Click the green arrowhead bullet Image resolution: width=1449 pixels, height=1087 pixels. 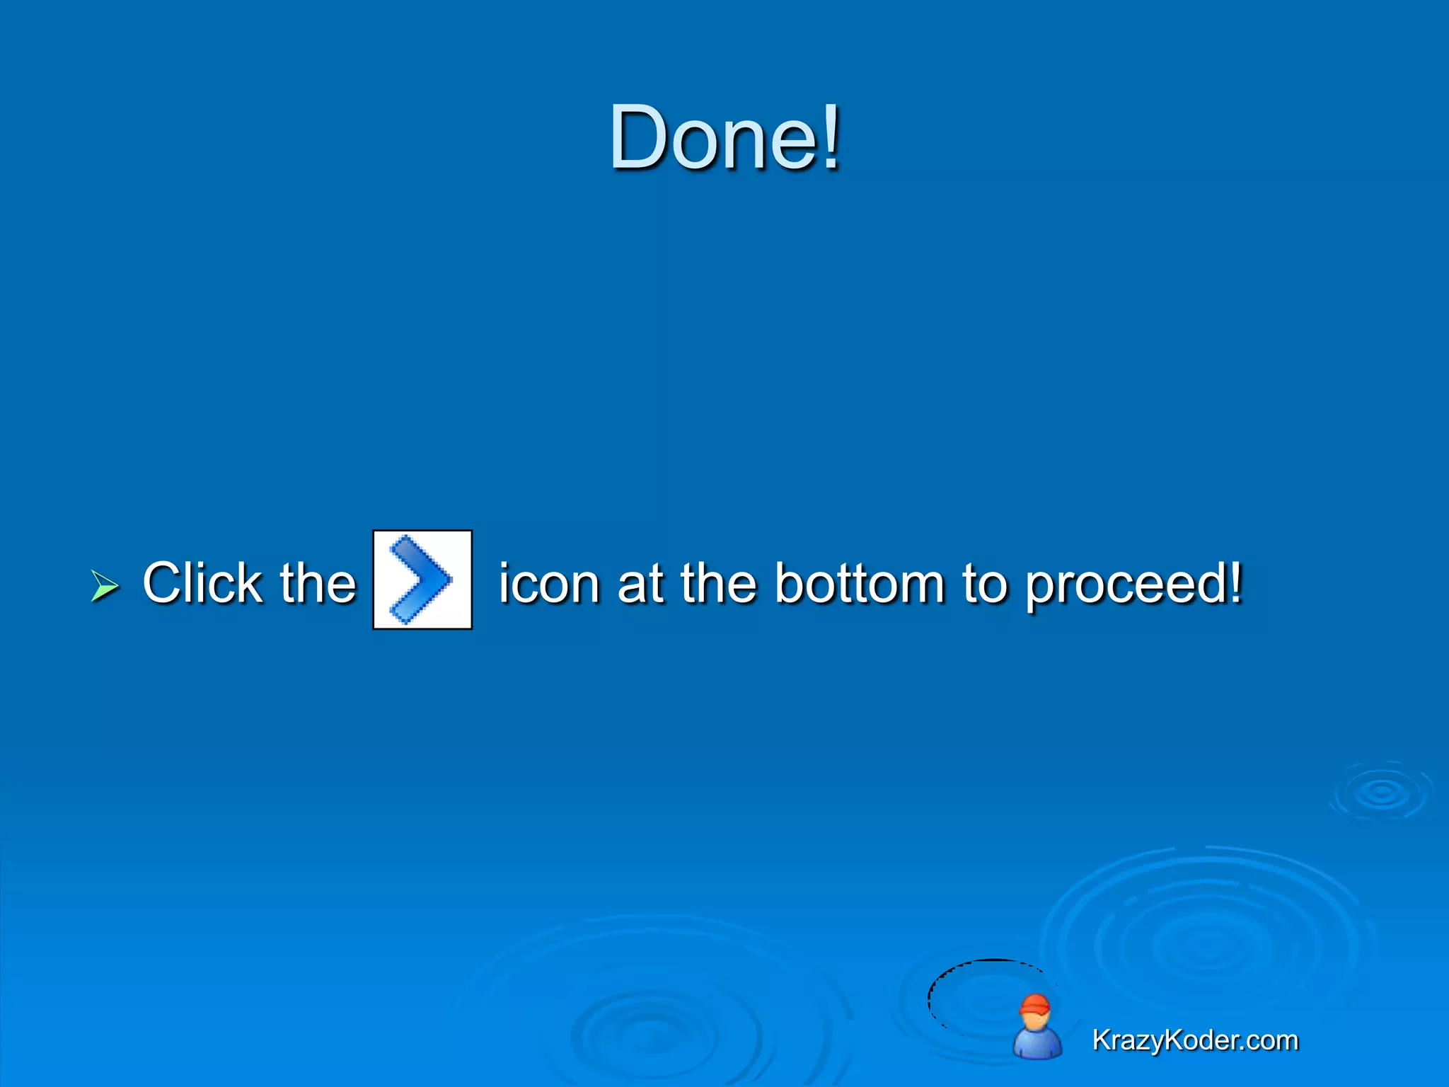[x=105, y=586]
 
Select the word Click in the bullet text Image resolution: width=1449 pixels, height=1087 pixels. [x=202, y=583]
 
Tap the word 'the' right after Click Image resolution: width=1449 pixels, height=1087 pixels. [x=318, y=583]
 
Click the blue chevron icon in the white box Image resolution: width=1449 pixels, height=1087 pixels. [x=422, y=580]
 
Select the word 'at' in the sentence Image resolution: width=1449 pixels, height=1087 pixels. [x=640, y=585]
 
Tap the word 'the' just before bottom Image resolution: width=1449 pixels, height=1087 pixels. [x=718, y=585]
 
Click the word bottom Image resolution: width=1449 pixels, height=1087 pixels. [x=860, y=585]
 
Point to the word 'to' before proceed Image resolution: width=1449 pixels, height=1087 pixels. [x=984, y=585]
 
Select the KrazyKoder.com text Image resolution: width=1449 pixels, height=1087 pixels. [x=1195, y=1040]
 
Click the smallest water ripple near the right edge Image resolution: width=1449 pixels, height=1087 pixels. [x=1381, y=793]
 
